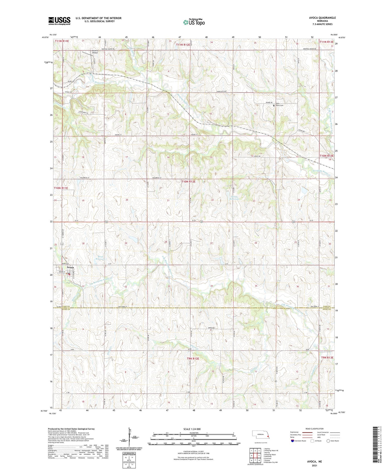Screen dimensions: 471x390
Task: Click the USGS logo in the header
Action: tap(59, 21)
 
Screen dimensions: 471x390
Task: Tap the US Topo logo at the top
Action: tap(194, 22)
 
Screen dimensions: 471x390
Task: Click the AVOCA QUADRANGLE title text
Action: tap(322, 18)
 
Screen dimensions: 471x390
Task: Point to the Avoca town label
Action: tap(67, 268)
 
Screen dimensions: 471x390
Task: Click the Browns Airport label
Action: tap(95, 52)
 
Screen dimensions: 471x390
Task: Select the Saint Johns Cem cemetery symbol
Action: tap(274, 105)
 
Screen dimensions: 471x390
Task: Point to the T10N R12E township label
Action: tap(188, 182)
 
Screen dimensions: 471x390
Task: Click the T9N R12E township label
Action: tap(193, 359)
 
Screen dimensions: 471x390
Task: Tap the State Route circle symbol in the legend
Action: tap(328, 441)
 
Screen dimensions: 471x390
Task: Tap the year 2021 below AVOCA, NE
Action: tap(314, 465)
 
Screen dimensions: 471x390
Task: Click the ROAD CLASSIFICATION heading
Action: tap(314, 429)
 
